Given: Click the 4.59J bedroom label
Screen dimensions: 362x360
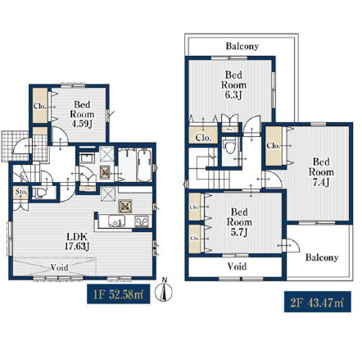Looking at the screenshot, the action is (82, 114).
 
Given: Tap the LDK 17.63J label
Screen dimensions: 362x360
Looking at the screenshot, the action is (77, 241).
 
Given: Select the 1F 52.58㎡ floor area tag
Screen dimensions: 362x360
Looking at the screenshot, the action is (119, 294).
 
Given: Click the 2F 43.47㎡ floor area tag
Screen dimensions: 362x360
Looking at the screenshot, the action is (317, 302).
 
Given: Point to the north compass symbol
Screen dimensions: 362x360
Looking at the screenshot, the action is (164, 290).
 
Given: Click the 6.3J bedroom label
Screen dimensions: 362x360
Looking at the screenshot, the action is (233, 84).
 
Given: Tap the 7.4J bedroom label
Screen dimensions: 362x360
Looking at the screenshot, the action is (321, 172).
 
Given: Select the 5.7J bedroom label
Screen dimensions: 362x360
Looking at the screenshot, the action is (239, 221).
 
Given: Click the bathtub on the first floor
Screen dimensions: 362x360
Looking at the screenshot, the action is (144, 165).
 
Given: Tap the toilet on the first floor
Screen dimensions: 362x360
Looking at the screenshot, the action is (39, 193).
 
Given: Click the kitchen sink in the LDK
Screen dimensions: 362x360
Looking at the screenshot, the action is (116, 221).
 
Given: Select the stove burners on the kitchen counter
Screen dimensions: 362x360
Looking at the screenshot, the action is (142, 221).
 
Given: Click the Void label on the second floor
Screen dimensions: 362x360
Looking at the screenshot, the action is (237, 267).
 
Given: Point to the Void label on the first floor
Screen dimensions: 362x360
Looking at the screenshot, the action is (60, 267).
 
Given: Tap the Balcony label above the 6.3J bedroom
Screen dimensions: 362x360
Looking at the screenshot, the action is (242, 46).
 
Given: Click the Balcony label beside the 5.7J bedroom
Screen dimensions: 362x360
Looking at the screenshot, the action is (322, 257).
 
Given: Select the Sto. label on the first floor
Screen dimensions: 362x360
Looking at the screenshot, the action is (21, 192).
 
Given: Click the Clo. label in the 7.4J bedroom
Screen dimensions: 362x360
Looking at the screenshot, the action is (274, 146).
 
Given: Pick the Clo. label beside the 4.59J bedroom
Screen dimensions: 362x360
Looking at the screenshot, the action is (40, 106).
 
